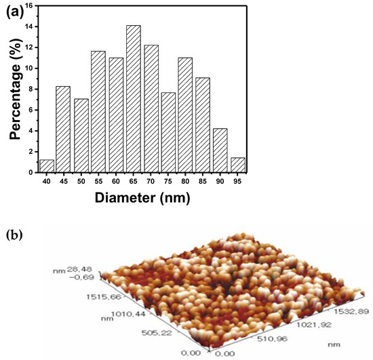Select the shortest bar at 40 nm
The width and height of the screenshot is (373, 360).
(47, 166)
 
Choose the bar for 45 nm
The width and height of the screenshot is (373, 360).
(63, 129)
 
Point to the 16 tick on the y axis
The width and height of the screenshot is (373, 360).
(32, 6)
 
